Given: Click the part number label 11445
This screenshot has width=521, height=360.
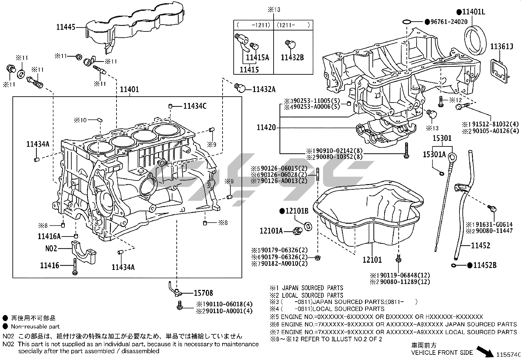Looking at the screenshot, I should point(65,27).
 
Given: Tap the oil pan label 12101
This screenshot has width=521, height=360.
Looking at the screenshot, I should point(372,260).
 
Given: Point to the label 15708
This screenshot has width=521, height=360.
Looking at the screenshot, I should point(203,293).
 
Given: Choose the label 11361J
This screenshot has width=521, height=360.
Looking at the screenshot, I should point(501,47).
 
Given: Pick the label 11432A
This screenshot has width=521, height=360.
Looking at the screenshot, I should point(263,89).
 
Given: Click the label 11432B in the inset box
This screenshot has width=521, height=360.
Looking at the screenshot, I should point(292,58).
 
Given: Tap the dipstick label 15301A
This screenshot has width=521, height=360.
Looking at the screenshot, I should point(434,154).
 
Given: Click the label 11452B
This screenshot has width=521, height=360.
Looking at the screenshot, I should point(485,265).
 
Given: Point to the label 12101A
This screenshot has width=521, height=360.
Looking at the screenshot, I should point(271,231).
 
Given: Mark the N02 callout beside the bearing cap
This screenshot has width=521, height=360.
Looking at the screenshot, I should point(51,249).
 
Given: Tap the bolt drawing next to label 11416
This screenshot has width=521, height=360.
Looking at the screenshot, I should point(75,266).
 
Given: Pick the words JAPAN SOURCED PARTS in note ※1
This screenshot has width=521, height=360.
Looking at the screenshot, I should point(313,288).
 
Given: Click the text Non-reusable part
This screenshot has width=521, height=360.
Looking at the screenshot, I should point(35,326).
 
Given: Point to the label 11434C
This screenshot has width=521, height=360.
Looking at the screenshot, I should point(195,106).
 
